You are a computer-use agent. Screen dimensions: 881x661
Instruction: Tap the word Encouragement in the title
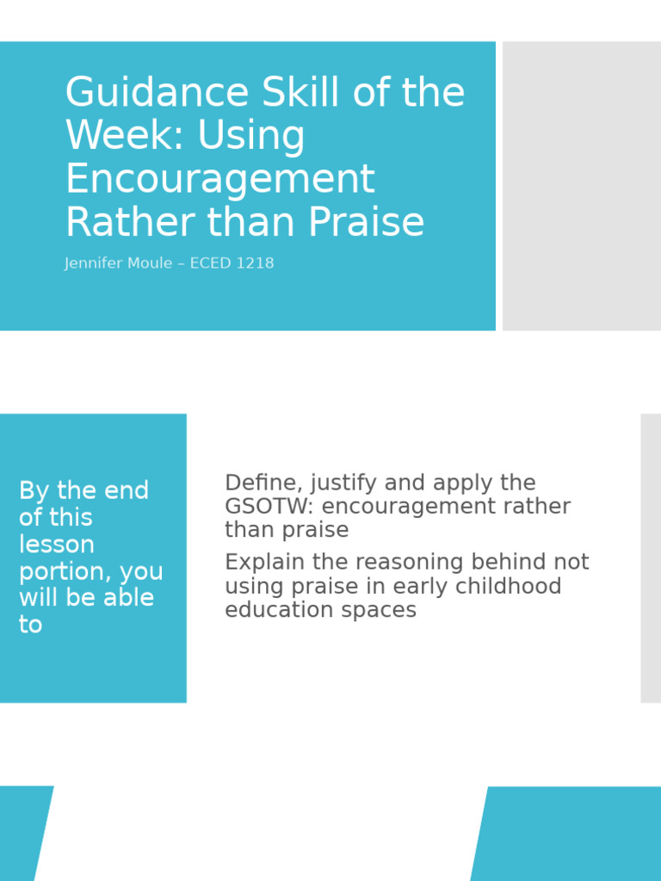(220, 179)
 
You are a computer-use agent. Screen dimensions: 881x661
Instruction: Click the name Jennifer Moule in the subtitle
(118, 263)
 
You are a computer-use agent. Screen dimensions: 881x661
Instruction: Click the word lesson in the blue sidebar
(57, 545)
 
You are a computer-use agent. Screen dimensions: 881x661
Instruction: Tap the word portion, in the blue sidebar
(65, 572)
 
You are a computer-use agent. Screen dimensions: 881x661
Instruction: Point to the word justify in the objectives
(338, 484)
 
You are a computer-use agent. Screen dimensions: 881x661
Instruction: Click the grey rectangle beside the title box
(582, 186)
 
